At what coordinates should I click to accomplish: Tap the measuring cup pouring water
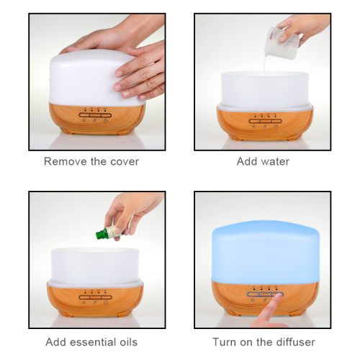(282, 43)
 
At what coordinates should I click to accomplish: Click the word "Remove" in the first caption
(66, 161)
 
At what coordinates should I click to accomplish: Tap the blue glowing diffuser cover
(266, 252)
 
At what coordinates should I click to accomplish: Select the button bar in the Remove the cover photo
(95, 115)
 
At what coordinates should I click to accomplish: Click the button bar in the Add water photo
(265, 121)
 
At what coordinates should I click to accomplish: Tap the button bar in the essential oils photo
(95, 297)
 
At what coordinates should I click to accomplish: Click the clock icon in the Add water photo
(276, 126)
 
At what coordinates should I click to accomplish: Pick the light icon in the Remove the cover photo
(84, 120)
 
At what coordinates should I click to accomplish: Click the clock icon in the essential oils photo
(106, 302)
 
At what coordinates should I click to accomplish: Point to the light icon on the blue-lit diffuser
(253, 300)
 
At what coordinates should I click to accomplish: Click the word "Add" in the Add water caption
(246, 161)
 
